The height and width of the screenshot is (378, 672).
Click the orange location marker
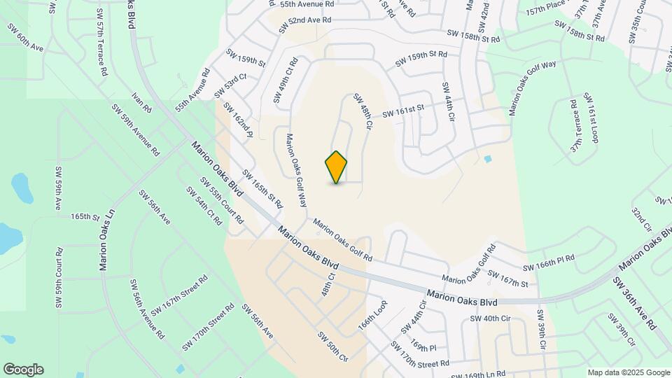[x=336, y=167]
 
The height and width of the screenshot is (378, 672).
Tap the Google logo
[x=23, y=370]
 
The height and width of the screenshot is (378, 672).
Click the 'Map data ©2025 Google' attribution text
[x=628, y=372]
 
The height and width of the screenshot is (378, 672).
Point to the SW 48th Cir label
[x=361, y=111]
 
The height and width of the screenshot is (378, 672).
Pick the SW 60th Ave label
[x=26, y=37]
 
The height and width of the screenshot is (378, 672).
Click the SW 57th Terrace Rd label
[x=102, y=42]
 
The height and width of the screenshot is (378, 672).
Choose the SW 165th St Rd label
[x=262, y=189]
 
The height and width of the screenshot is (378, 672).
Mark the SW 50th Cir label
[x=333, y=346]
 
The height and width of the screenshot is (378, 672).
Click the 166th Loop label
[x=372, y=317]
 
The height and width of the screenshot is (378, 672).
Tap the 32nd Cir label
[x=641, y=219]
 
